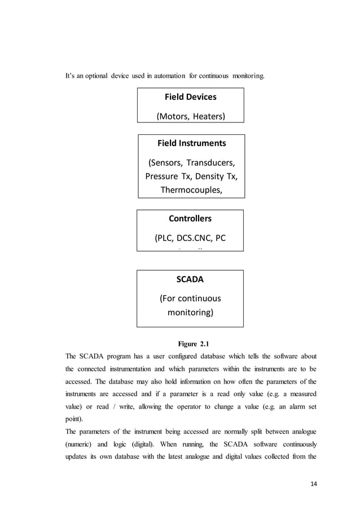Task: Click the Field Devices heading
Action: [190, 96]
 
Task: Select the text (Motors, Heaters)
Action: [190, 117]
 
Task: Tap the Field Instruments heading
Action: [191, 143]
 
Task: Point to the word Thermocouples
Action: [191, 190]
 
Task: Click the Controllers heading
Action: [190, 218]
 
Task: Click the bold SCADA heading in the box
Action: [190, 278]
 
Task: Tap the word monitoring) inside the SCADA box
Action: [190, 311]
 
